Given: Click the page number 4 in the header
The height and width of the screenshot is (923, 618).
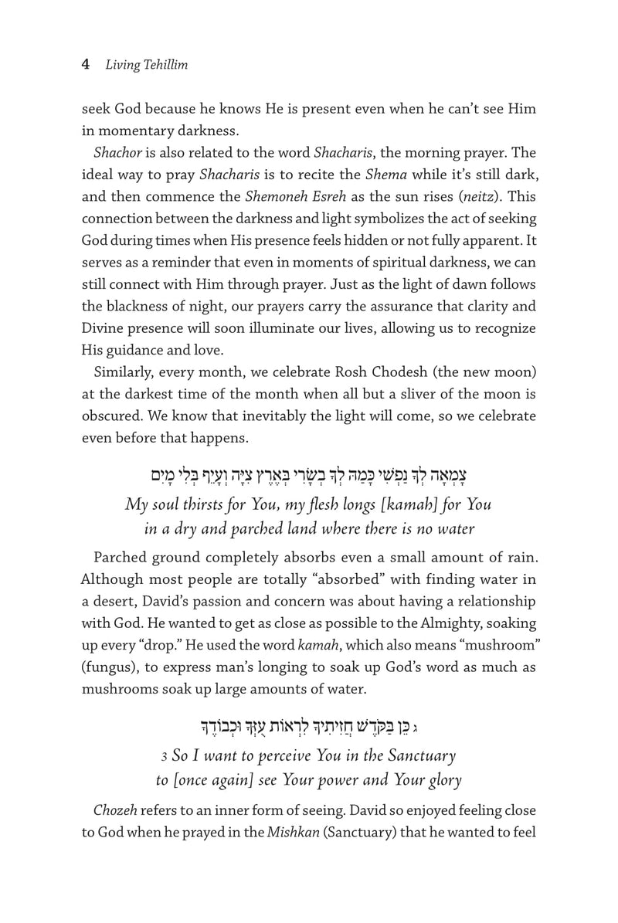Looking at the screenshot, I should click(87, 66).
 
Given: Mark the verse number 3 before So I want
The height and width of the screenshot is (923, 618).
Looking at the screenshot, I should click(175, 757).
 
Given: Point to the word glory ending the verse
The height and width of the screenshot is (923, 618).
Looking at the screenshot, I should click(439, 779).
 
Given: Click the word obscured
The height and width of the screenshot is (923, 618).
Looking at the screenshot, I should click(114, 415).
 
